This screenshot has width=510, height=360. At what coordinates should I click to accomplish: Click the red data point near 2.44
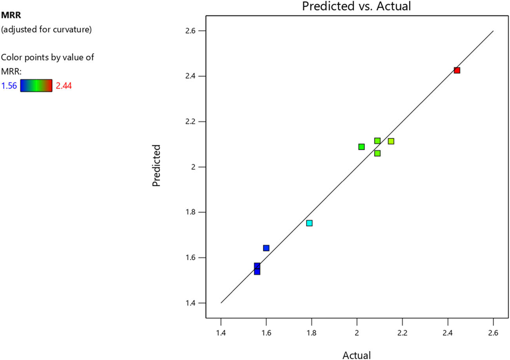click(x=457, y=70)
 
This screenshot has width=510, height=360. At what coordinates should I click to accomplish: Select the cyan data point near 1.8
click(x=309, y=223)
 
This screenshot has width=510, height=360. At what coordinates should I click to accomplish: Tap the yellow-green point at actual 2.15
click(x=391, y=141)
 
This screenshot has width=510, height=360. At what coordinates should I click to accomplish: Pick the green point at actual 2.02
click(x=361, y=147)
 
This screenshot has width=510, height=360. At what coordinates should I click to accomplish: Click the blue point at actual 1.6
click(x=266, y=248)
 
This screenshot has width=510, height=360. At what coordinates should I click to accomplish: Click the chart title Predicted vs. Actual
click(x=350, y=7)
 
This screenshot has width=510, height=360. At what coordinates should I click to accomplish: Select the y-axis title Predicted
click(x=157, y=166)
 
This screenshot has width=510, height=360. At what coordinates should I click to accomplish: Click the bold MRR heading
click(x=9, y=15)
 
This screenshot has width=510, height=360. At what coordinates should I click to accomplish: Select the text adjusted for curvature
click(x=47, y=29)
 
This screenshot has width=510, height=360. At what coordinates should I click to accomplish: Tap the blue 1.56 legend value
click(x=9, y=86)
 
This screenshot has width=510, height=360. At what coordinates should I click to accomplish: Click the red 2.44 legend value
click(x=64, y=86)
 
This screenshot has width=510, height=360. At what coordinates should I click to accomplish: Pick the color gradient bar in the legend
click(x=36, y=85)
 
